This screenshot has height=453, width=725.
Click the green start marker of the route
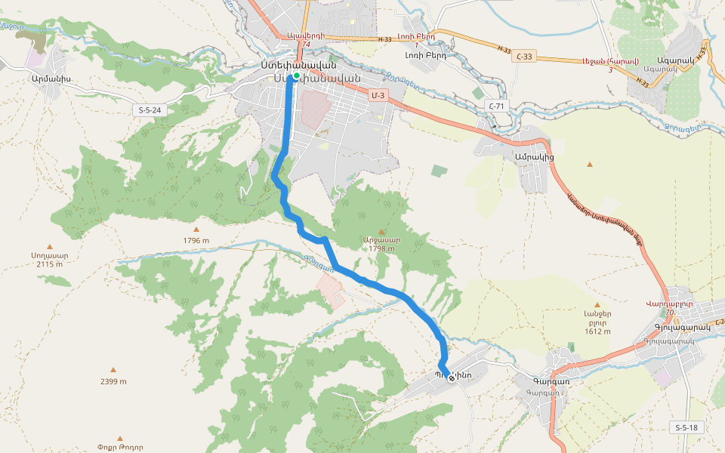298,76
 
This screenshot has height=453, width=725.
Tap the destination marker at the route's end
452,377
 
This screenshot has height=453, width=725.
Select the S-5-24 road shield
150,110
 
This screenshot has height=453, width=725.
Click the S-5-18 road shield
686,427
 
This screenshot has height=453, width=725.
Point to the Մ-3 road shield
378,95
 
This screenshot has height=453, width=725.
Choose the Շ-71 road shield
495,106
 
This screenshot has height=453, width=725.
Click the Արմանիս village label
51,77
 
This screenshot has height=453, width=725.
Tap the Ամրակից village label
534,157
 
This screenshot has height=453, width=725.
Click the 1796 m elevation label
196,241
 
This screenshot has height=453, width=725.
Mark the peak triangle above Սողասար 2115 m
51,246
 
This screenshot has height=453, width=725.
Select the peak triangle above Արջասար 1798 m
381,232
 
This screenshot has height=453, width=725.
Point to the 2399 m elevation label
113,381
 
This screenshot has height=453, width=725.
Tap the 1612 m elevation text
597,331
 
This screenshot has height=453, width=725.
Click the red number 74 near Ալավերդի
306,45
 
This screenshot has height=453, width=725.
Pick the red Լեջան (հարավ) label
610,61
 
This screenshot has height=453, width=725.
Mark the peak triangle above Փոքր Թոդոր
120,438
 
